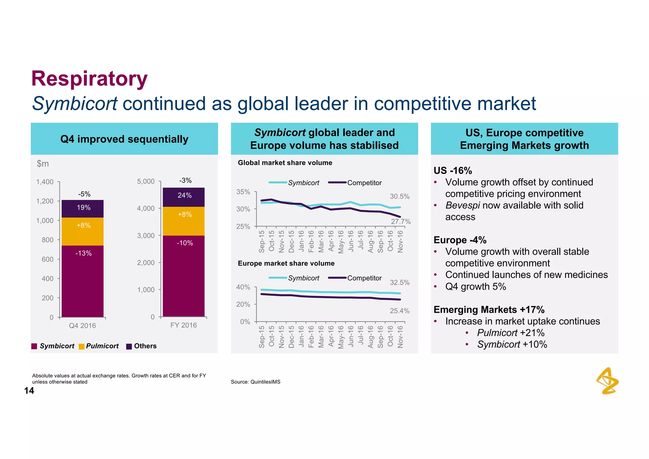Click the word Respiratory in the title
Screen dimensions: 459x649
tap(89, 79)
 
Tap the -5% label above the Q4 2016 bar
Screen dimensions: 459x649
tap(84, 194)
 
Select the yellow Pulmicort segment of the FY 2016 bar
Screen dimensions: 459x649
tap(184, 221)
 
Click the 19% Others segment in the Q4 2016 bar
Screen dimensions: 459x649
tap(83, 208)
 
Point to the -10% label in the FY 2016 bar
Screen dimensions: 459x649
tap(185, 243)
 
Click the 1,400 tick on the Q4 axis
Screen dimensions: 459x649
tap(45, 182)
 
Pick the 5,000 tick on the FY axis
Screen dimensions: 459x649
tap(146, 181)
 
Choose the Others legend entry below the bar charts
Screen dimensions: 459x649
tap(142, 346)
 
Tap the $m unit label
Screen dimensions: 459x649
tap(43, 164)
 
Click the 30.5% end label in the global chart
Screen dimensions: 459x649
tap(400, 197)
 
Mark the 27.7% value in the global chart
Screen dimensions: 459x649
tap(401, 221)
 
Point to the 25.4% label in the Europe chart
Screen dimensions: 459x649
tap(400, 311)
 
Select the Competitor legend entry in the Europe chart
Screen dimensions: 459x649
tap(364, 278)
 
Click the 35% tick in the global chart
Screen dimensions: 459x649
tap(243, 192)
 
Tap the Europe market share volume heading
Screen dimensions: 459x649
tap(286, 264)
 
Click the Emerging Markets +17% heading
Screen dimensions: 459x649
tap(489, 310)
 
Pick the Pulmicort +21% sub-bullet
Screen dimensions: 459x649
tap(511, 333)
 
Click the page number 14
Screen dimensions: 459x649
tap(29, 390)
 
